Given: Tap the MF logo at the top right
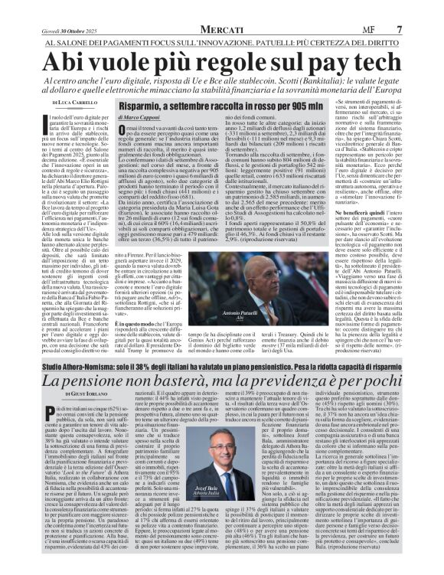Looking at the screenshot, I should [x=397, y=8].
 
